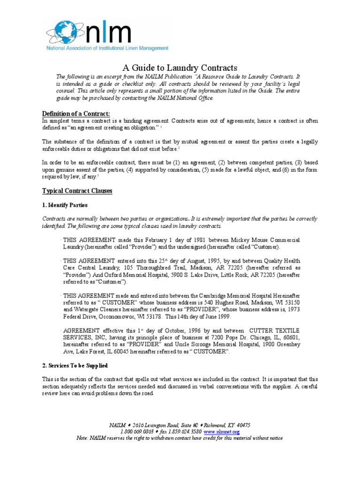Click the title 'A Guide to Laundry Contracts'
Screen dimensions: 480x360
[180, 67]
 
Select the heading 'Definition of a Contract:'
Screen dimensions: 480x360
[76, 114]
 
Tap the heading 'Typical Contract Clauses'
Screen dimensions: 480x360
[77, 191]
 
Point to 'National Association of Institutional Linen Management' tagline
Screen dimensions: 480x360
[107, 48]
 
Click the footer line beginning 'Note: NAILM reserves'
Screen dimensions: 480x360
[180, 438]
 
